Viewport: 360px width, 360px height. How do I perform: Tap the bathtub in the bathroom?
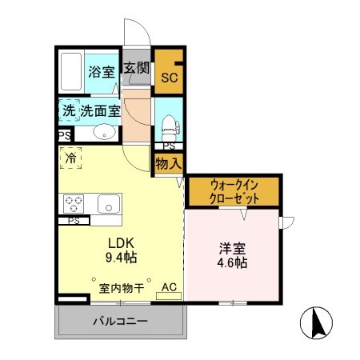(71, 72)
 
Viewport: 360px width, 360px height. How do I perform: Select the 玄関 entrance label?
(136, 69)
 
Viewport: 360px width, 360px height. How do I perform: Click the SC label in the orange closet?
(169, 78)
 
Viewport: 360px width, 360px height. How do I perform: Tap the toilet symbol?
(169, 125)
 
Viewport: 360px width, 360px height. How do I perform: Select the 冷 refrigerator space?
(70, 158)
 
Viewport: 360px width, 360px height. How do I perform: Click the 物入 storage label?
(169, 163)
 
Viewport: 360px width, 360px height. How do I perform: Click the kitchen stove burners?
(74, 202)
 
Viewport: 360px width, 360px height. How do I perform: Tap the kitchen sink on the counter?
(108, 204)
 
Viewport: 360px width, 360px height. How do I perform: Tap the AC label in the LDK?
(169, 287)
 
